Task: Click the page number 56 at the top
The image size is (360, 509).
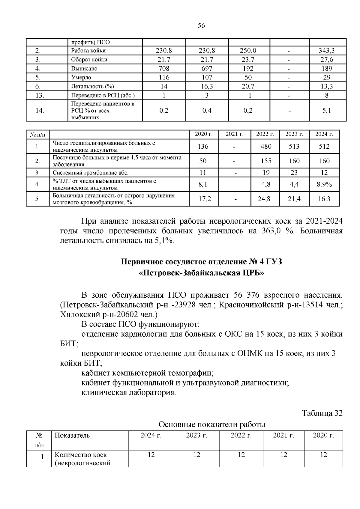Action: [x=201, y=26]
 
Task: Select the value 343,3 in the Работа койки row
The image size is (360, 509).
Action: [x=327, y=51]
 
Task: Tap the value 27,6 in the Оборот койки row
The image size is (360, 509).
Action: [x=327, y=60]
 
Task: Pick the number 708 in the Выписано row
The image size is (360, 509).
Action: [x=164, y=69]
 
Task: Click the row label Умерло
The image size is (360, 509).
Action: [x=81, y=78]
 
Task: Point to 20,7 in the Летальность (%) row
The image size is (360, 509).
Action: [x=249, y=87]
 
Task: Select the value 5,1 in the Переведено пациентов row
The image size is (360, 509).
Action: [x=327, y=111]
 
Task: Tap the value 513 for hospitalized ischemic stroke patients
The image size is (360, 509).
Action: [x=294, y=146]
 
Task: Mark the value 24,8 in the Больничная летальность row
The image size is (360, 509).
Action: [x=264, y=199]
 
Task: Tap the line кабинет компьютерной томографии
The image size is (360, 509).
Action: [x=147, y=373]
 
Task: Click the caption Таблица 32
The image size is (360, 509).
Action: [x=322, y=413]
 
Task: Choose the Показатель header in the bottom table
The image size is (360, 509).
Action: [x=72, y=435]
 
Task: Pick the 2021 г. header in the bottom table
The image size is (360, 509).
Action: [x=283, y=435]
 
